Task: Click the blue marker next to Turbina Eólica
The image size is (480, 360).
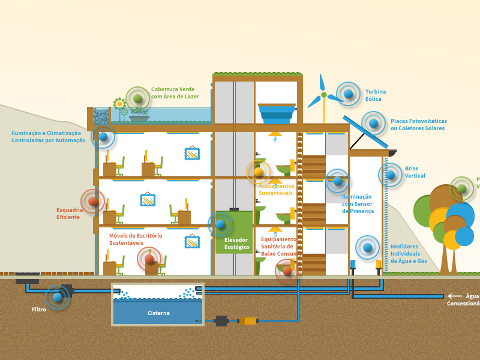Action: tap(348, 94)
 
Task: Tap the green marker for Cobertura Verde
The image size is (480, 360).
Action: tap(138, 98)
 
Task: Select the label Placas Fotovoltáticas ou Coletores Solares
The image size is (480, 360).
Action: tap(418, 124)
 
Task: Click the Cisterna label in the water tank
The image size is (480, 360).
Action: tap(158, 313)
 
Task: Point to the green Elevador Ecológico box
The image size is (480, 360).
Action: tap(234, 232)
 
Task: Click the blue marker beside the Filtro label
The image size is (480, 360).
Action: tap(57, 297)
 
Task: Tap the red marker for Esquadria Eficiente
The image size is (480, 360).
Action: tap(93, 202)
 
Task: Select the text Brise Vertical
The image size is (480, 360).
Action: tap(415, 172)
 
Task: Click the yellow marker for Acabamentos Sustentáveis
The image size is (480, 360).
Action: tap(259, 172)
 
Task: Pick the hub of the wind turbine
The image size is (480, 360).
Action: tap(324, 95)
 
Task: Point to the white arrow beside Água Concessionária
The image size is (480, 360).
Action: tap(455, 296)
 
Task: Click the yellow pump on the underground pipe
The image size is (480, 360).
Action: tap(248, 321)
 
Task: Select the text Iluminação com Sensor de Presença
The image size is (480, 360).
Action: tap(358, 204)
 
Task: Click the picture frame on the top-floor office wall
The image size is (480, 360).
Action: tap(193, 154)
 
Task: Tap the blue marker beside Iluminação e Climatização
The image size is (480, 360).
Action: tap(103, 137)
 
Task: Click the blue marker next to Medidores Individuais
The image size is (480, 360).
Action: tap(367, 247)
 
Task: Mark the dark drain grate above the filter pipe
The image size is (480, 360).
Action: tap(27, 277)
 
